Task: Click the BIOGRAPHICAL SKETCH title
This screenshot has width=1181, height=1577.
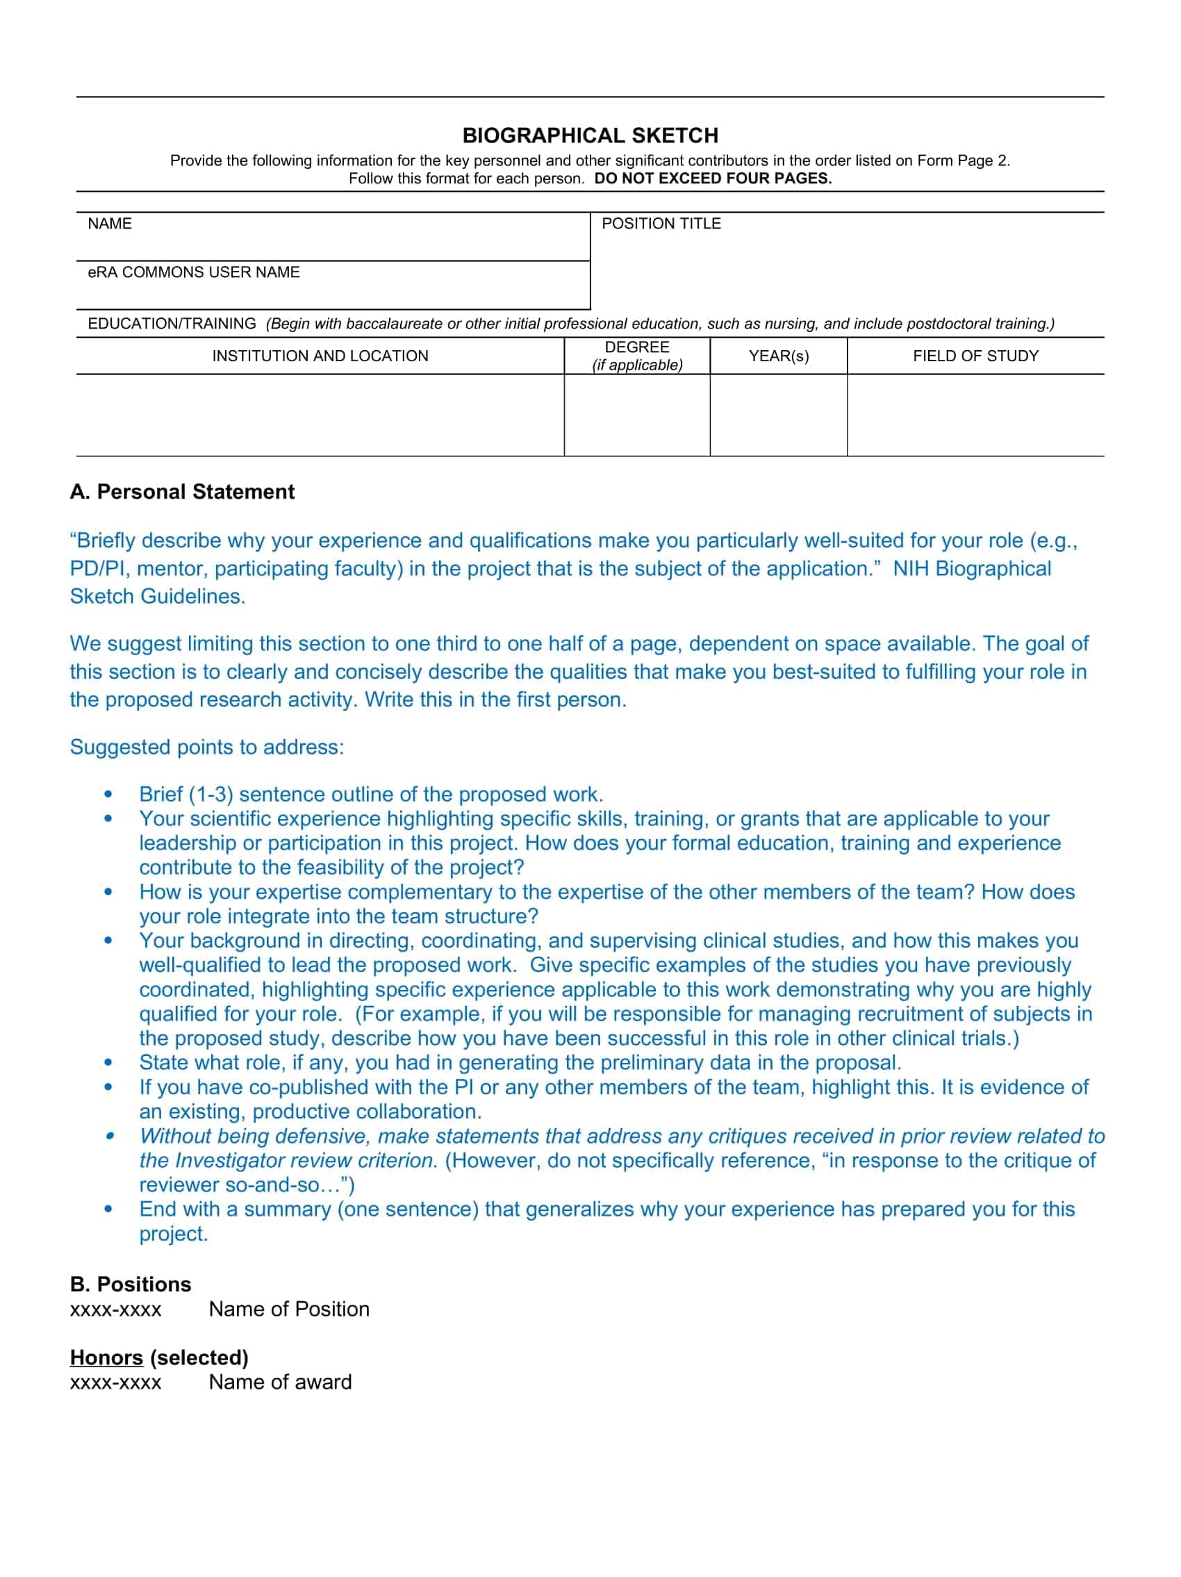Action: pyautogui.click(x=590, y=135)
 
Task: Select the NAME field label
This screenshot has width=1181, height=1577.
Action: pyautogui.click(x=110, y=224)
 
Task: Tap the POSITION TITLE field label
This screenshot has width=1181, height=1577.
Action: pyautogui.click(x=661, y=224)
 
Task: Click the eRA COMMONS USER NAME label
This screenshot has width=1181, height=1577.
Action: pyautogui.click(x=193, y=272)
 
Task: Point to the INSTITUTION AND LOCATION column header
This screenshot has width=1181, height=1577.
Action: pyautogui.click(x=320, y=356)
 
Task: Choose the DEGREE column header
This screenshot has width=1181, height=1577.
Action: pyautogui.click(x=636, y=347)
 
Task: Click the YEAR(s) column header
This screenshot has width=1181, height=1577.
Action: pyautogui.click(x=778, y=356)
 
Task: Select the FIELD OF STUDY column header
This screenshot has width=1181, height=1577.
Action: pyautogui.click(x=975, y=356)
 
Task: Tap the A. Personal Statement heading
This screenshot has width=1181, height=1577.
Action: pyautogui.click(x=182, y=492)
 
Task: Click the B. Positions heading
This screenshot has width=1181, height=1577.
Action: pyautogui.click(x=131, y=1284)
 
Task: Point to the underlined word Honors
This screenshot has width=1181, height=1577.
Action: pyautogui.click(x=106, y=1357)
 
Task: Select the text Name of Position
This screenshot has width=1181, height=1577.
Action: pyautogui.click(x=289, y=1309)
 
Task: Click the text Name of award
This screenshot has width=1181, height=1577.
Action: pyautogui.click(x=280, y=1382)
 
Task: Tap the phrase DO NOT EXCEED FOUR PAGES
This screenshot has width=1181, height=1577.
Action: pyautogui.click(x=713, y=179)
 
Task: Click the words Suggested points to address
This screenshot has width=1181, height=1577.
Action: pyautogui.click(x=207, y=747)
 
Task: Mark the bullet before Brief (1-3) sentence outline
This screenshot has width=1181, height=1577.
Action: pyautogui.click(x=108, y=794)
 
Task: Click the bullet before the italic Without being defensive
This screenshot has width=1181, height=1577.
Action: pyautogui.click(x=109, y=1136)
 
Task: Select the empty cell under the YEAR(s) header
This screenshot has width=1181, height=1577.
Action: pyautogui.click(x=778, y=415)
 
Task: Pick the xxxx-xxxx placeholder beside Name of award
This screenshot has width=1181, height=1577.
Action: pyautogui.click(x=115, y=1382)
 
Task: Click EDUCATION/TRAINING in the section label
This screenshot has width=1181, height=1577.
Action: pyautogui.click(x=172, y=324)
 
